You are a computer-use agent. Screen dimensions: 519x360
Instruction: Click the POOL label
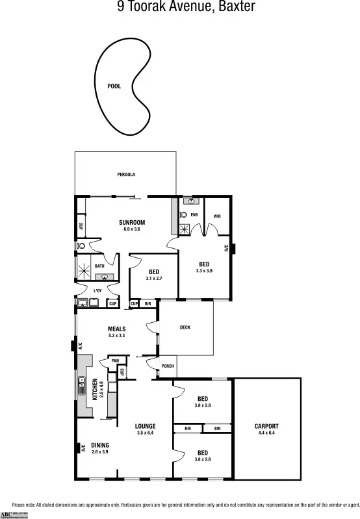click(114, 86)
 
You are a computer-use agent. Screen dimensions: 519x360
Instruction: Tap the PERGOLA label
click(126, 175)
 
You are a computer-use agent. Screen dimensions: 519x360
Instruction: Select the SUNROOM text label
click(131, 223)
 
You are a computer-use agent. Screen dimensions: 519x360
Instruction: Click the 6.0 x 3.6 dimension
click(131, 229)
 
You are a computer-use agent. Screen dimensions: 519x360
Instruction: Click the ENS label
click(194, 214)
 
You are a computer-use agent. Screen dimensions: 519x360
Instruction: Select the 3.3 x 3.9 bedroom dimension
click(204, 270)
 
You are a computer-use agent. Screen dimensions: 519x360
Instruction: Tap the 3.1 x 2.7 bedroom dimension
click(153, 278)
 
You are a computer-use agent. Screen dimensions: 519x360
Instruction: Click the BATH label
click(99, 266)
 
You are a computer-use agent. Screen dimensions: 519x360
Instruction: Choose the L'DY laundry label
click(97, 290)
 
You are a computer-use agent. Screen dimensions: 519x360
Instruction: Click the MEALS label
click(116, 329)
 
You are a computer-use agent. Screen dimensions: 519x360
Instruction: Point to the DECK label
click(185, 327)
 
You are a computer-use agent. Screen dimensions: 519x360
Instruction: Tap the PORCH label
click(168, 366)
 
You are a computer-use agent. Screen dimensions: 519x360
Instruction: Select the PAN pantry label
click(115, 361)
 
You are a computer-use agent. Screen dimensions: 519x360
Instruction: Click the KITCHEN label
click(95, 390)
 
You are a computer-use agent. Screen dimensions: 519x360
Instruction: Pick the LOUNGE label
click(145, 426)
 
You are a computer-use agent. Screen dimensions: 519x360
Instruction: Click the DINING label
click(99, 445)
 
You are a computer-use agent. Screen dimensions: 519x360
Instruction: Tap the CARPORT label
click(266, 426)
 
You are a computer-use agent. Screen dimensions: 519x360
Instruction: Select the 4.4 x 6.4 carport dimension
click(266, 433)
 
